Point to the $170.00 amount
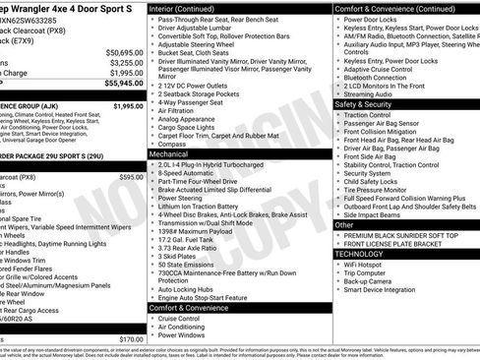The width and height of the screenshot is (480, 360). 131,339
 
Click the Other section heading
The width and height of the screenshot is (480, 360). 344,225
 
